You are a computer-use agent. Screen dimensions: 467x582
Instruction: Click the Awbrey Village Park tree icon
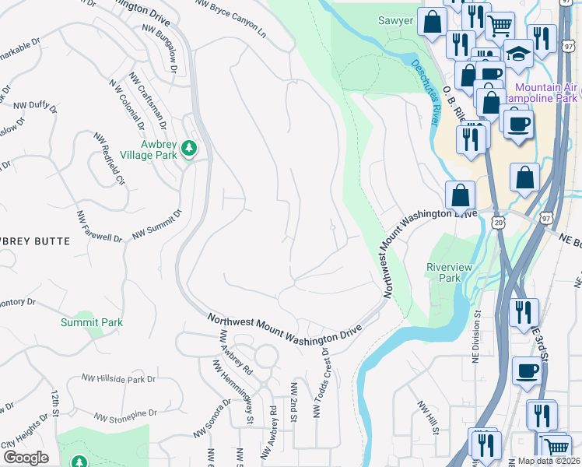(x=188, y=147)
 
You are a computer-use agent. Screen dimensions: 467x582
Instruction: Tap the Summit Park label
(x=92, y=322)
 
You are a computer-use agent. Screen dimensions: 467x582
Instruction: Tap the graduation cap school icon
(x=517, y=54)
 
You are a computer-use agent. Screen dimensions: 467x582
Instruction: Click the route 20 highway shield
(x=499, y=223)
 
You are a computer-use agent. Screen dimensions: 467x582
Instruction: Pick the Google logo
(x=26, y=457)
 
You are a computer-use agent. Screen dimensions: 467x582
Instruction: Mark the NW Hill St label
(x=428, y=417)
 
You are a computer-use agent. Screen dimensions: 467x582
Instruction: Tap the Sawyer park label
(x=395, y=21)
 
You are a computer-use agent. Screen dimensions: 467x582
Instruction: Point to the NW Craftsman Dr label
(x=148, y=101)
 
